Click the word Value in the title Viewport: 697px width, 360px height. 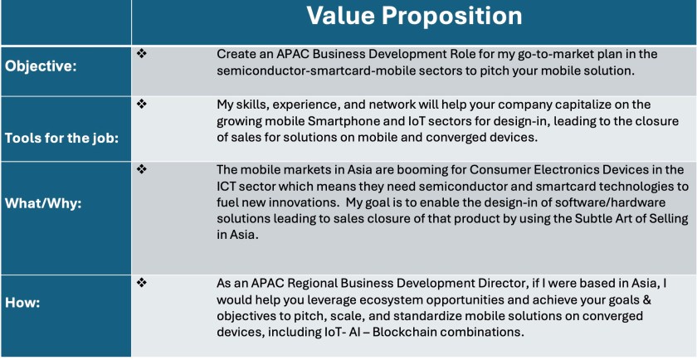[x=340, y=17]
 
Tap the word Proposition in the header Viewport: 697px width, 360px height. [x=452, y=17]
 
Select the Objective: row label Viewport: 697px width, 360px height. [x=41, y=67]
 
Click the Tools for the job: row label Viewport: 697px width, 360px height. [x=61, y=138]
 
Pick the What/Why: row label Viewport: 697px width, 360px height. [x=43, y=205]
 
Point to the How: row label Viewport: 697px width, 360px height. [x=22, y=304]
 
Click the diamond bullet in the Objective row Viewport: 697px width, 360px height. [x=142, y=54]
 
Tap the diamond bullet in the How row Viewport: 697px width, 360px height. [x=142, y=283]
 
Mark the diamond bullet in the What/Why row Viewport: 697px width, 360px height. [x=142, y=169]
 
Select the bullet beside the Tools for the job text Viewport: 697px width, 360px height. [x=142, y=104]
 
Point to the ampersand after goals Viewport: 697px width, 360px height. [x=647, y=299]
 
